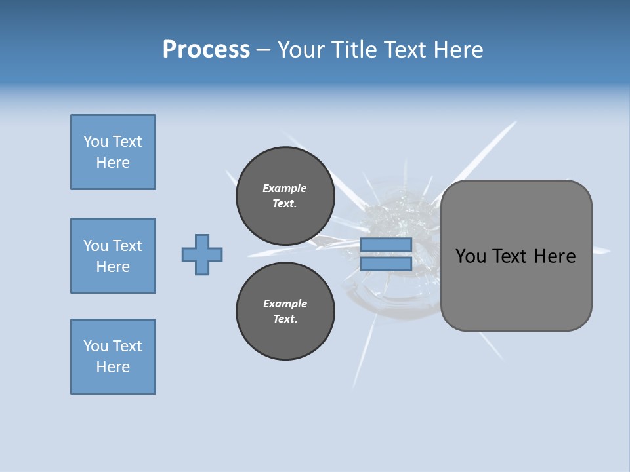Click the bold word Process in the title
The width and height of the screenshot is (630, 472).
click(206, 50)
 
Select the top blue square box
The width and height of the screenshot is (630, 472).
click(113, 152)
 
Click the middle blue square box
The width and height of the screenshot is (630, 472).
click(113, 256)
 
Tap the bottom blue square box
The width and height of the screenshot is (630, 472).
click(113, 357)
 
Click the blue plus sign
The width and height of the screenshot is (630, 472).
click(202, 254)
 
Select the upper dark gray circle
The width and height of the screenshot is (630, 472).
click(285, 196)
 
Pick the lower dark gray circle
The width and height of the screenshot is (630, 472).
click(285, 311)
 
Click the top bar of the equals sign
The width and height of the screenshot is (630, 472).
click(386, 245)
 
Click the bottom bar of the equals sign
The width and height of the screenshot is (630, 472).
click(386, 264)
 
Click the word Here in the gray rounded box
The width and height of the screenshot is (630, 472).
click(555, 256)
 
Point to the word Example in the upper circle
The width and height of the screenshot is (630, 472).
click(285, 188)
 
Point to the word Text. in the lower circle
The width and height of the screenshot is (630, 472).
click(285, 319)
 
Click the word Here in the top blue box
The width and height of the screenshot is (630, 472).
click(113, 163)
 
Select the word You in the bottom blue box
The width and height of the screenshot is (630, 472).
click(96, 346)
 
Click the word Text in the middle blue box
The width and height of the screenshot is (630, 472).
click(127, 246)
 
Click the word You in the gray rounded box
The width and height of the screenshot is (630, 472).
click(470, 256)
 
